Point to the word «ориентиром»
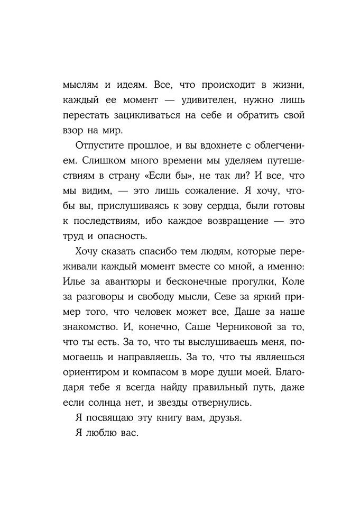coord(89,373)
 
